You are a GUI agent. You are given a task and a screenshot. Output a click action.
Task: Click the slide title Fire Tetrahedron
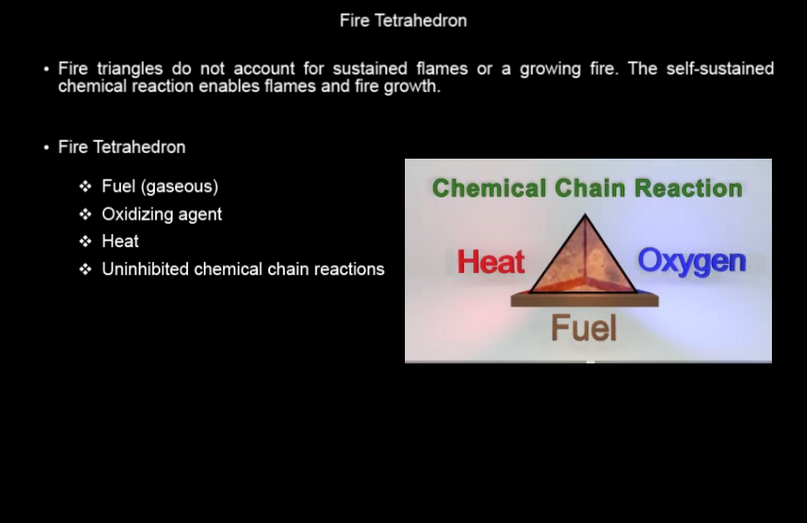tap(403, 20)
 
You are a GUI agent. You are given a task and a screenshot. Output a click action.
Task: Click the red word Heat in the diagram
tap(491, 262)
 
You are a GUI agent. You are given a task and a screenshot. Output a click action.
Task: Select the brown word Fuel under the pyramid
tap(584, 327)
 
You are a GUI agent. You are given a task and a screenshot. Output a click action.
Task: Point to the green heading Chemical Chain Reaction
tap(587, 188)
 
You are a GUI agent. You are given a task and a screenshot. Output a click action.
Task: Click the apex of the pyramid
tap(585, 215)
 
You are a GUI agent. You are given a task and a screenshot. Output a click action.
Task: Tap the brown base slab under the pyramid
tap(584, 300)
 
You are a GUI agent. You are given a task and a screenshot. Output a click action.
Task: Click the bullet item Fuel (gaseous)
tap(160, 186)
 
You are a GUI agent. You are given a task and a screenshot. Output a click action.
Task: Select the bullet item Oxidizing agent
tap(161, 214)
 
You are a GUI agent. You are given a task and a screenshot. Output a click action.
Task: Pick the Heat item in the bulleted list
tap(120, 242)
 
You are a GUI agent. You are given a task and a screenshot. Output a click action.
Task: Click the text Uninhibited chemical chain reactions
tap(243, 268)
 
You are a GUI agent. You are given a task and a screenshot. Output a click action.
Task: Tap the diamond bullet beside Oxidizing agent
tap(86, 214)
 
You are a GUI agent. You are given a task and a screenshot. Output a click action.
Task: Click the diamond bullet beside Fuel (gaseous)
tap(86, 185)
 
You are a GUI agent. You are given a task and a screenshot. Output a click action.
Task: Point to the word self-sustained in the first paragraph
tap(719, 68)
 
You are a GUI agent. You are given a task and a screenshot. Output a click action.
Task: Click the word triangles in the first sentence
tap(130, 68)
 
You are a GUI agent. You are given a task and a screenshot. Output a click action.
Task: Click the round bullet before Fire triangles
tap(46, 69)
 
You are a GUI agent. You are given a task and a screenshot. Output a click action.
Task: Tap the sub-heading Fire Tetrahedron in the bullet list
tap(122, 148)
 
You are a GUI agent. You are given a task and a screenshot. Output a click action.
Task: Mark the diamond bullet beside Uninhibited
tap(86, 268)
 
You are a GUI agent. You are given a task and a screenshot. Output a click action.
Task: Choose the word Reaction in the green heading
tap(689, 188)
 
